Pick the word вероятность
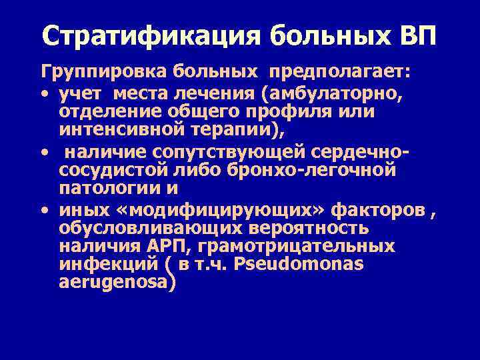pyautogui.click(x=299, y=229)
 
